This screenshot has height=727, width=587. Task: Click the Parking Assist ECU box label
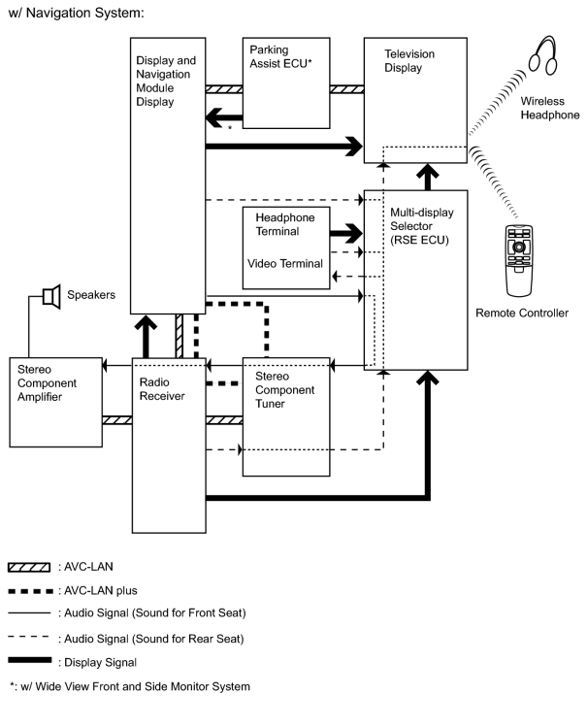[x=280, y=56]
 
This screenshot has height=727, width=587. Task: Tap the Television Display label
[x=409, y=61]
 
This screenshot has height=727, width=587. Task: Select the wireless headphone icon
[x=542, y=55]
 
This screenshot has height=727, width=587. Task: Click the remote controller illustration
[x=519, y=260]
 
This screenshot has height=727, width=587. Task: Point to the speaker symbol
[x=51, y=297]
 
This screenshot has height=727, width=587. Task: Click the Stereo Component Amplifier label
[x=47, y=383]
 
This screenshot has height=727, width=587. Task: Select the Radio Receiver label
[x=162, y=389]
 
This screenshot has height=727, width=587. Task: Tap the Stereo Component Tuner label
[x=284, y=390]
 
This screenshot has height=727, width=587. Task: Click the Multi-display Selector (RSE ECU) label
[x=422, y=226]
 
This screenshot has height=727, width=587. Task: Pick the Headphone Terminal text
[x=285, y=224]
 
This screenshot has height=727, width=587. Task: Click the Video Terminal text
[x=285, y=264]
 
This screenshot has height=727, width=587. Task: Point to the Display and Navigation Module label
[x=166, y=82]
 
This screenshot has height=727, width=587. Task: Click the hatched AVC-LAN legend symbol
[x=29, y=567]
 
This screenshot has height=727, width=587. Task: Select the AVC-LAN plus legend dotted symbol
[x=31, y=591]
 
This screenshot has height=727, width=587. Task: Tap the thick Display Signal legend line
[x=30, y=660]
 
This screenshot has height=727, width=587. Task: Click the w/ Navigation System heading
[x=77, y=13]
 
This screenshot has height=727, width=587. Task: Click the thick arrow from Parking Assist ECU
[x=224, y=117]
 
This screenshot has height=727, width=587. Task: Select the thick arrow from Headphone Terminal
[x=346, y=233]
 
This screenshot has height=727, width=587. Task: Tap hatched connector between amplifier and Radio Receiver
[x=117, y=420]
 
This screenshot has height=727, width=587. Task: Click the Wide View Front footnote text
[x=130, y=686]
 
